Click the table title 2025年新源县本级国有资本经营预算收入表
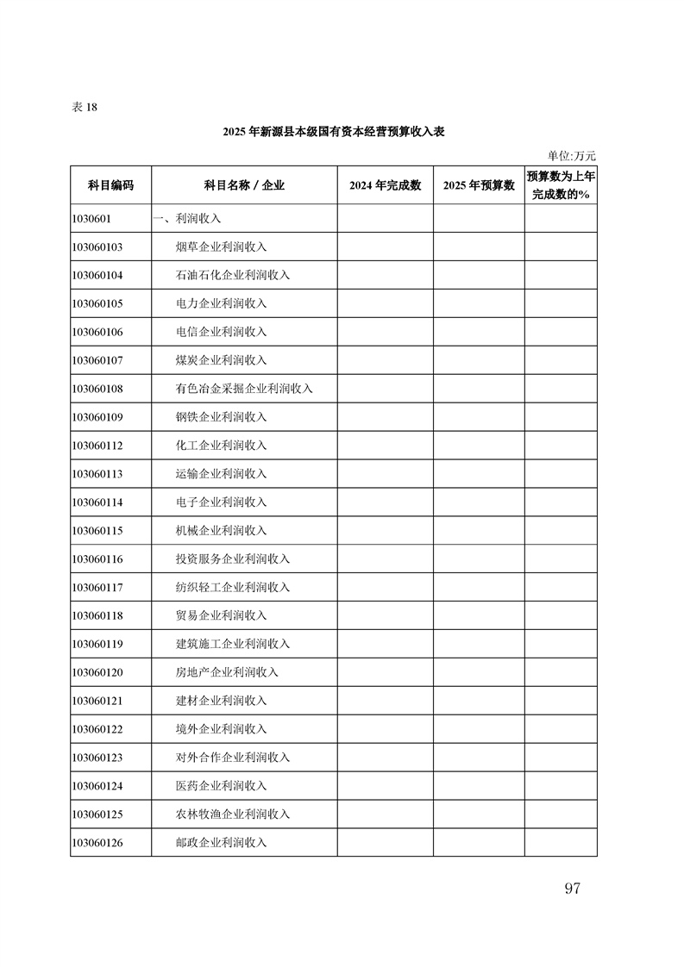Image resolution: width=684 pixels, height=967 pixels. click(x=333, y=132)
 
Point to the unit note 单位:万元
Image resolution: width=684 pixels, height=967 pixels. click(x=572, y=156)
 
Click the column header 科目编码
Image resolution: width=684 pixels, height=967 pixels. click(x=111, y=185)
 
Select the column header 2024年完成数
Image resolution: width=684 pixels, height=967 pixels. click(x=385, y=185)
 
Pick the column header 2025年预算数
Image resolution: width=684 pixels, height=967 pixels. click(x=479, y=185)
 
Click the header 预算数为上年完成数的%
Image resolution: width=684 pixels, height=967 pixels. click(x=561, y=185)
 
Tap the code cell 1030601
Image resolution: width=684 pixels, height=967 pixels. click(x=92, y=219)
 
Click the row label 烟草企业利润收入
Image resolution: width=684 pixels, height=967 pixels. click(x=221, y=247)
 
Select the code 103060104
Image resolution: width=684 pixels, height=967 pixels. click(x=97, y=276)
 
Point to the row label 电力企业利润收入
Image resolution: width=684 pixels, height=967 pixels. click(x=221, y=304)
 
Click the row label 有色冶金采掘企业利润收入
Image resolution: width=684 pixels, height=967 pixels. click(x=243, y=390)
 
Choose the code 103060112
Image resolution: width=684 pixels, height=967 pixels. click(x=97, y=446)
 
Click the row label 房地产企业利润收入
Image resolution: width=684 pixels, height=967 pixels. click(x=227, y=673)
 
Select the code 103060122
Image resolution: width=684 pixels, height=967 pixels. click(x=97, y=730)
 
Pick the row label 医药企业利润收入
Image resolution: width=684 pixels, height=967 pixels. click(x=221, y=787)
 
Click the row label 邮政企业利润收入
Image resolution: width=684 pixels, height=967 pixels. click(x=221, y=844)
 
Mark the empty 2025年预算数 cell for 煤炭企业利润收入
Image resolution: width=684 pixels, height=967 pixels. click(x=479, y=361)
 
